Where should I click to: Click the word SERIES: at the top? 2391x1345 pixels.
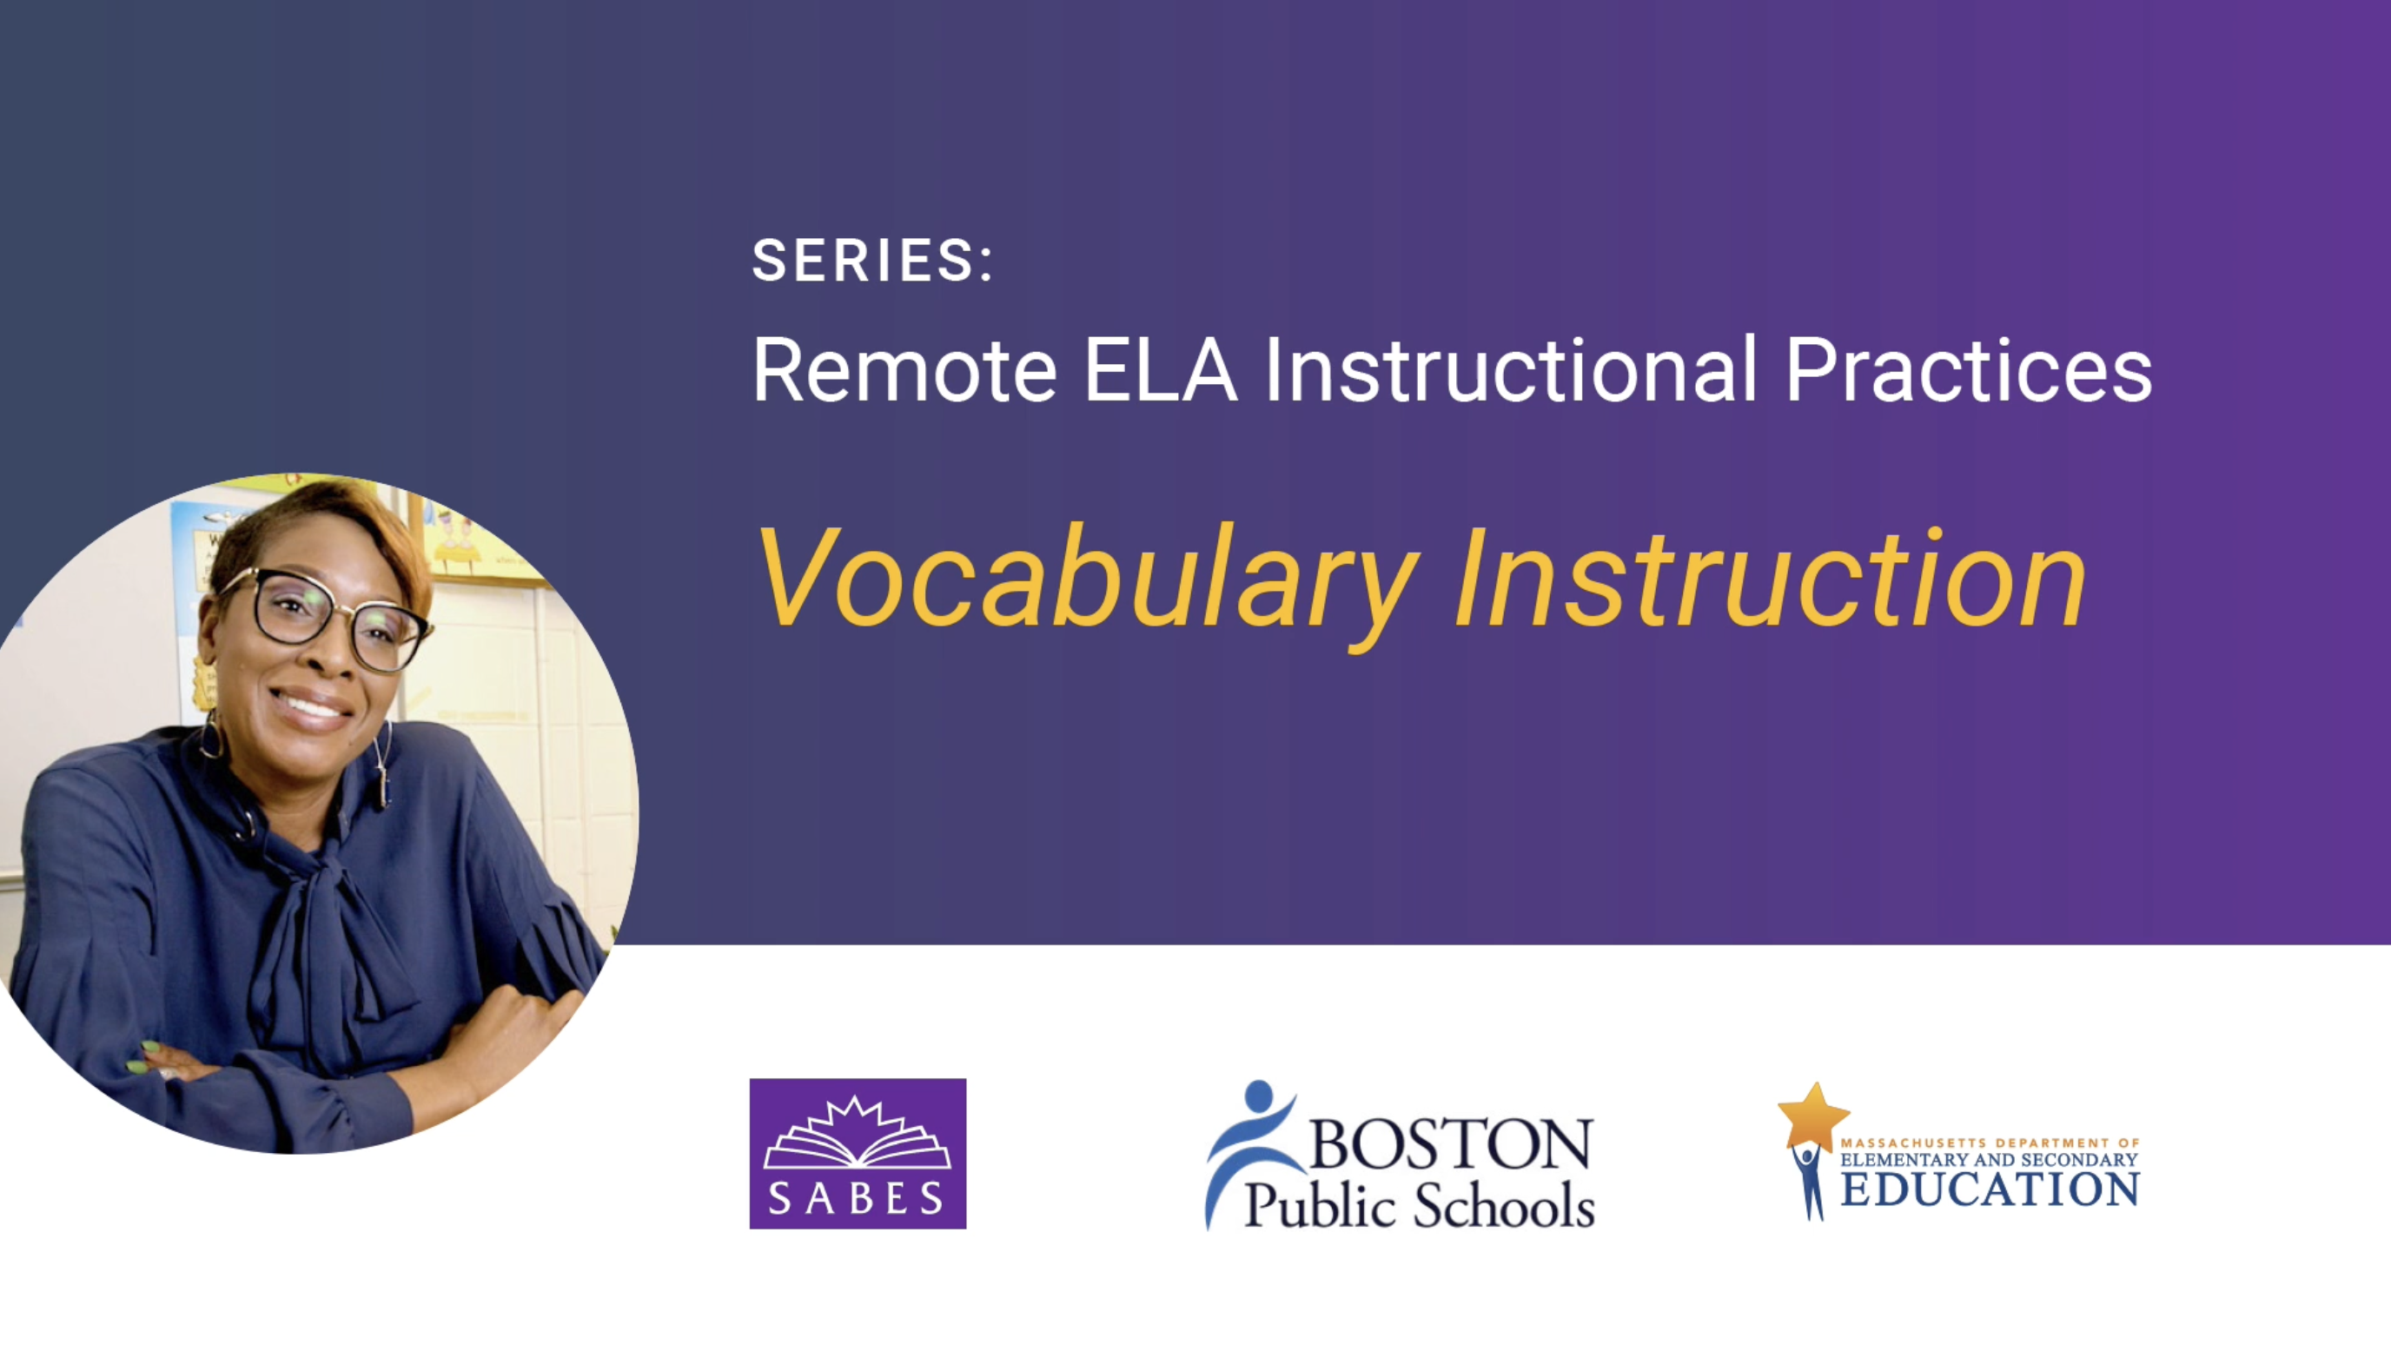click(871, 260)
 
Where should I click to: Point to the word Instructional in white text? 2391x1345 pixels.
click(1510, 370)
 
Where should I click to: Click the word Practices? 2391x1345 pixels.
click(1968, 370)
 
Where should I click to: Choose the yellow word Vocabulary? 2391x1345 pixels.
click(1088, 580)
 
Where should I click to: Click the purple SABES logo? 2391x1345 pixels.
click(858, 1153)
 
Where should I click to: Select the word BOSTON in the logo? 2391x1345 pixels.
click(1451, 1143)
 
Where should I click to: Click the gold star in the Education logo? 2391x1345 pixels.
click(1812, 1115)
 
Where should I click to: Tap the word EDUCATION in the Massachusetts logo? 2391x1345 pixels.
click(1990, 1191)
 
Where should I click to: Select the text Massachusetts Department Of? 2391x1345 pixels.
click(1990, 1143)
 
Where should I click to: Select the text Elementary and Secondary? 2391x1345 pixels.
click(1990, 1160)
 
